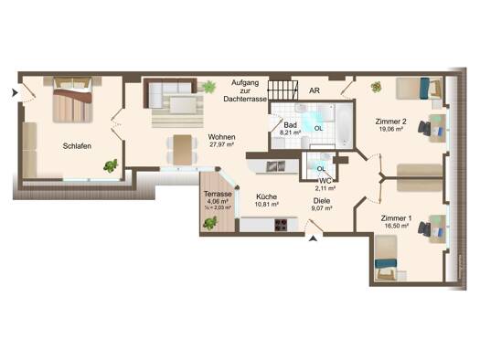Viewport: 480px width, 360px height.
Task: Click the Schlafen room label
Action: click(x=77, y=146)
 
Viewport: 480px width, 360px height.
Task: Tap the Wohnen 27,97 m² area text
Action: click(x=221, y=144)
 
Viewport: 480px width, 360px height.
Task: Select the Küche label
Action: click(x=267, y=196)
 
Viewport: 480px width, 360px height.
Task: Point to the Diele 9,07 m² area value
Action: click(x=322, y=208)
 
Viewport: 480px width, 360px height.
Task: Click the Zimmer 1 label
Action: click(x=396, y=218)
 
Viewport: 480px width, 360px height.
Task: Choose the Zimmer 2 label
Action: click(x=390, y=122)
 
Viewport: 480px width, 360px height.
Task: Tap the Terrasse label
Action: click(x=218, y=194)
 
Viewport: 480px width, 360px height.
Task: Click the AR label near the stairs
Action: click(x=315, y=90)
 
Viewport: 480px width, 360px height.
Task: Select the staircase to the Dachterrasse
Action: click(x=283, y=90)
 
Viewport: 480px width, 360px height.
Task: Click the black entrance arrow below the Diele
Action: click(x=313, y=238)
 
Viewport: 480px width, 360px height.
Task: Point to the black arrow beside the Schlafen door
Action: click(x=15, y=92)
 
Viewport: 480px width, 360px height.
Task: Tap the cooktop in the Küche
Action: click(x=281, y=225)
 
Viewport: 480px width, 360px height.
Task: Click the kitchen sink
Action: click(x=276, y=166)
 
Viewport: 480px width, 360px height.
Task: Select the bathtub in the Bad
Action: click(x=344, y=125)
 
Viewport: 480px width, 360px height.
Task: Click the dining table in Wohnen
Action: click(x=183, y=150)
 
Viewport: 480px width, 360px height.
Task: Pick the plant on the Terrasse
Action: click(x=210, y=223)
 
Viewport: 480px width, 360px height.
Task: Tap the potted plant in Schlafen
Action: click(x=111, y=165)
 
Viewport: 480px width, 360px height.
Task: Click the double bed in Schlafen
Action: click(x=72, y=100)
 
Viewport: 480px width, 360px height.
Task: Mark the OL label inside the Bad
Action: click(x=318, y=129)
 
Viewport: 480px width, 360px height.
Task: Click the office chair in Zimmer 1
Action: click(x=423, y=228)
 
